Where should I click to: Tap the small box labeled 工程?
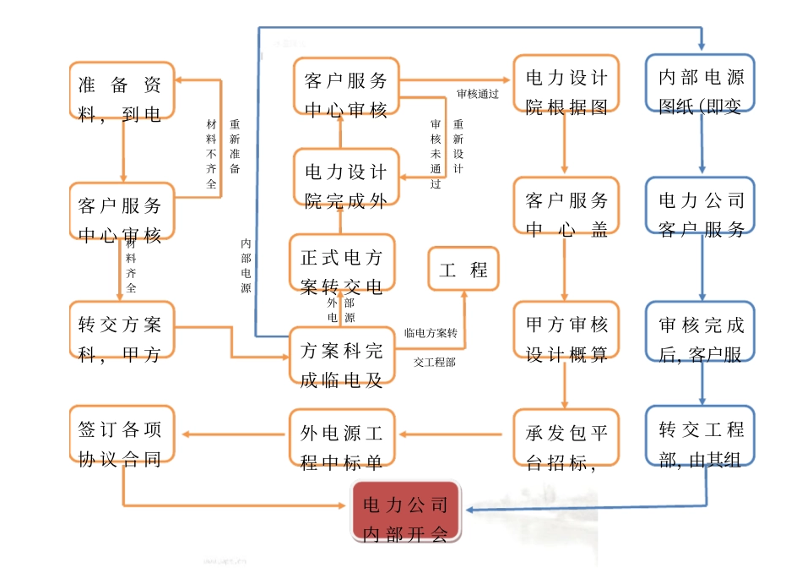[463, 270]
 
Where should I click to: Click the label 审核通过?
[478, 94]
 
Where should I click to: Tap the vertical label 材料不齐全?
[211, 152]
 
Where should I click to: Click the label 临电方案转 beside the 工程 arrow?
[430, 333]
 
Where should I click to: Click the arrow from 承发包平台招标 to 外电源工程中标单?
[455, 434]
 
